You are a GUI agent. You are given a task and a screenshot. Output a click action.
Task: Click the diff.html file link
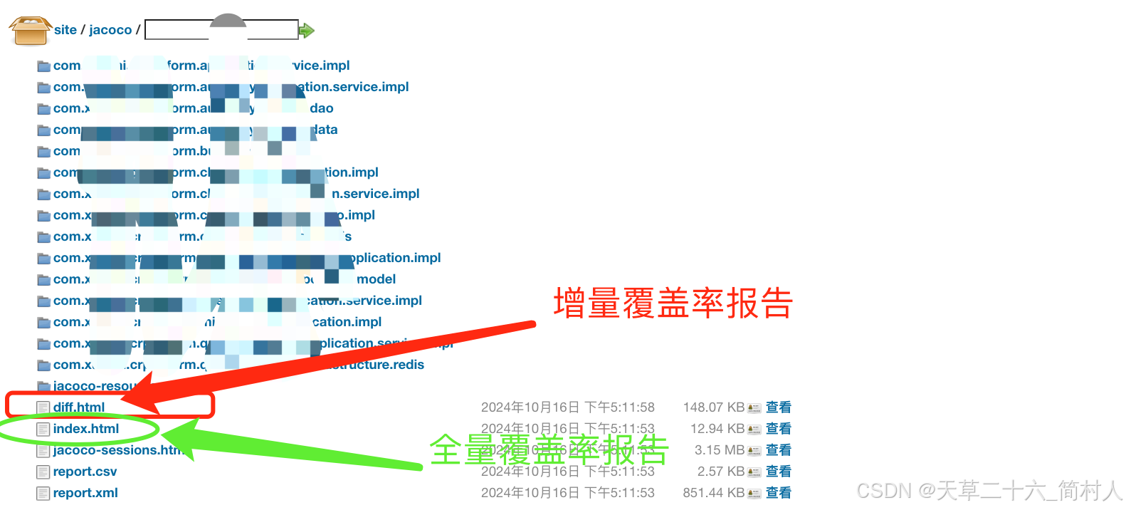(x=78, y=407)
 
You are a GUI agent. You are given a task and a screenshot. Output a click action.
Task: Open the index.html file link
(x=85, y=429)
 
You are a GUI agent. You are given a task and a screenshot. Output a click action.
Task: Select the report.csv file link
(x=85, y=472)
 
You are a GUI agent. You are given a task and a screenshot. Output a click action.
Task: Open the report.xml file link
(x=85, y=493)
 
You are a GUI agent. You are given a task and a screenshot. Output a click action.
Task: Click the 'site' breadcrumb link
(x=65, y=30)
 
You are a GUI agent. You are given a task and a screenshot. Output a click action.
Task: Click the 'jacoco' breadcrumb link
(x=110, y=30)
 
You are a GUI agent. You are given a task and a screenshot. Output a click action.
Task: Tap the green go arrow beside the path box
(x=306, y=30)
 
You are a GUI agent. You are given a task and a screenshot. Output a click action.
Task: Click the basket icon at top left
(x=30, y=31)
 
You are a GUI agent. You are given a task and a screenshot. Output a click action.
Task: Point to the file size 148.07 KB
(x=713, y=407)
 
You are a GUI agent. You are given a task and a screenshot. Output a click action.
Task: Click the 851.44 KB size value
(x=713, y=493)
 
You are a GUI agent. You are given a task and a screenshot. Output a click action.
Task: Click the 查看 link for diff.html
(x=778, y=407)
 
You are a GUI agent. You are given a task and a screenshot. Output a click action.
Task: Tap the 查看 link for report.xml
(x=778, y=493)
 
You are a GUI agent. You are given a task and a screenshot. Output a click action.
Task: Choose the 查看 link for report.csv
(x=778, y=472)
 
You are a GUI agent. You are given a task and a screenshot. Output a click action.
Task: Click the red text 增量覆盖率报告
(x=673, y=303)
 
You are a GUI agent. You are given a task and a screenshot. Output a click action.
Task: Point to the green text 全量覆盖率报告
(x=549, y=449)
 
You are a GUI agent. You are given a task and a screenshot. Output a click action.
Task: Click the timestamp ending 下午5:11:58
(x=567, y=407)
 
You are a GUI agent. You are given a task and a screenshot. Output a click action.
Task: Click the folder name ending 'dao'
(x=321, y=108)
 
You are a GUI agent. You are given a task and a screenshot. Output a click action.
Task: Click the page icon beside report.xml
(x=43, y=493)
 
